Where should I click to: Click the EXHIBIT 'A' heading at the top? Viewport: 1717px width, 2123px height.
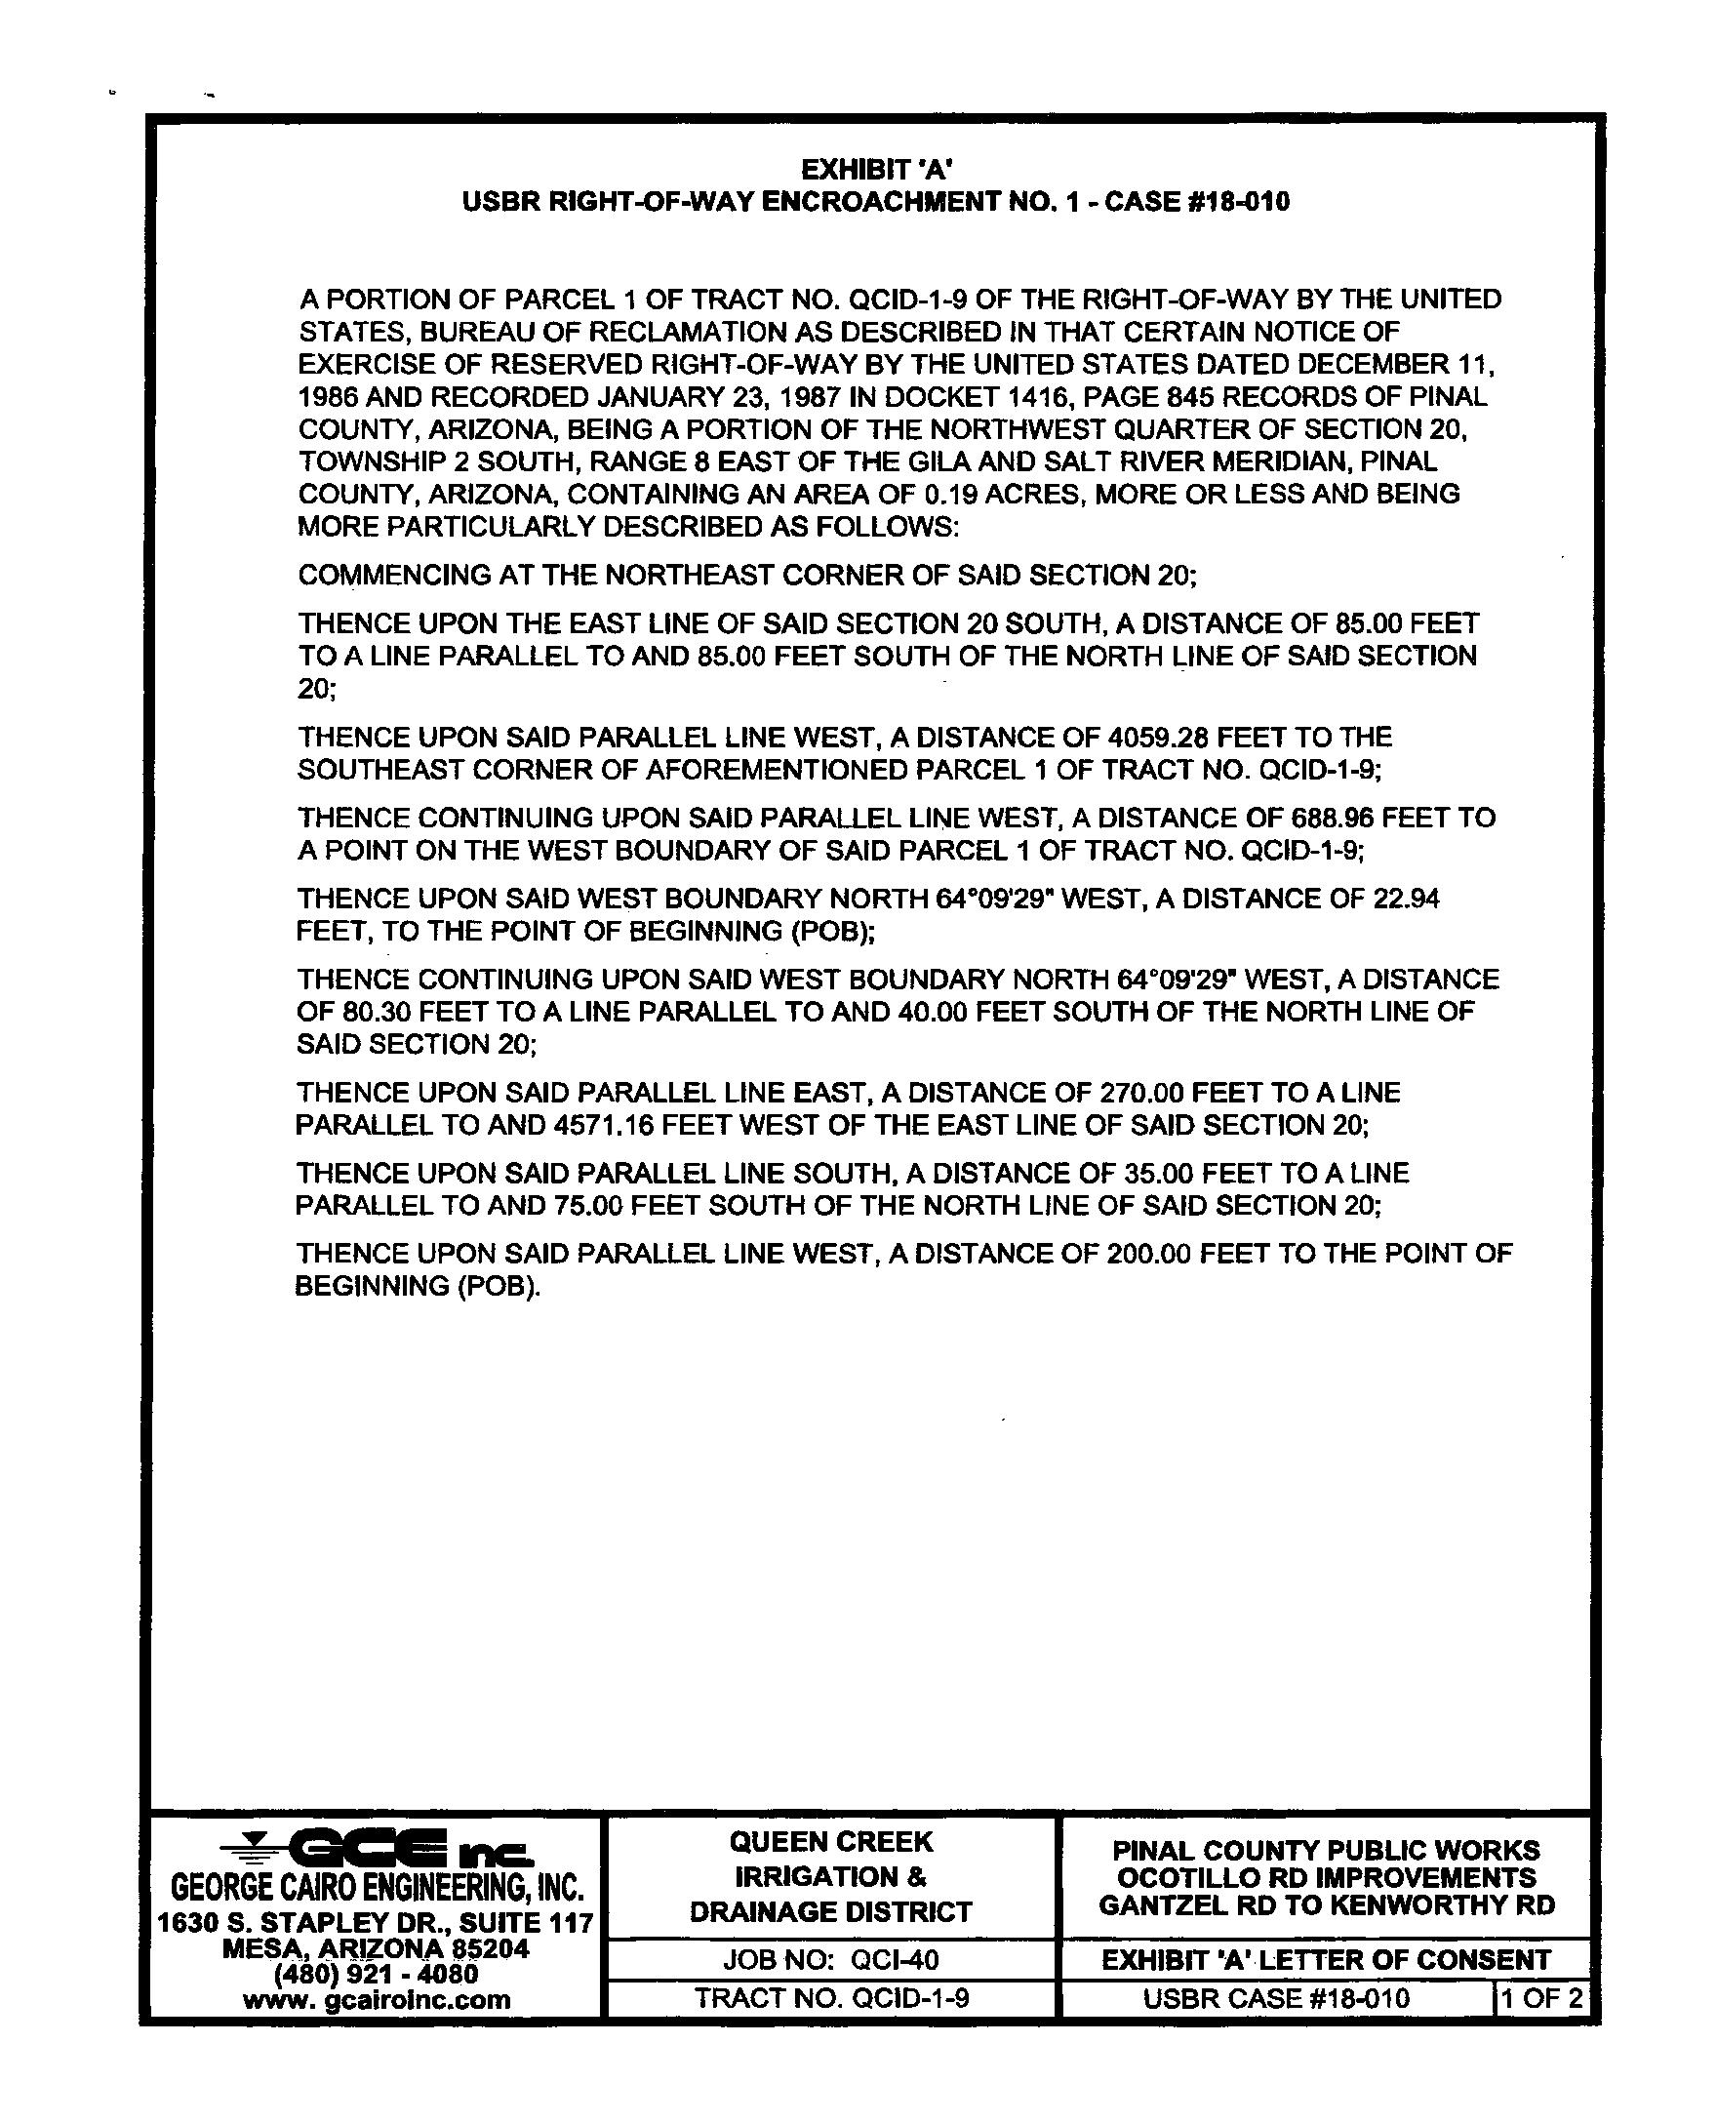pyautogui.click(x=875, y=169)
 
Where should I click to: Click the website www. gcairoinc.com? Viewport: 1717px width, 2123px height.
pyautogui.click(x=377, y=1999)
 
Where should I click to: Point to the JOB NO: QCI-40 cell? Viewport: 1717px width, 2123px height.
pyautogui.click(x=830, y=1959)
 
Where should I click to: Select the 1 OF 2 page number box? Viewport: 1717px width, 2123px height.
pyautogui.click(x=1543, y=1998)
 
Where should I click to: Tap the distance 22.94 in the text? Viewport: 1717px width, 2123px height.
pyautogui.click(x=1407, y=899)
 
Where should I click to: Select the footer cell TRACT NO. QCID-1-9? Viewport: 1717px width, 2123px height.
pyautogui.click(x=830, y=1998)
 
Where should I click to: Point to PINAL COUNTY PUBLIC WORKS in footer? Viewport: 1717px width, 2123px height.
pyautogui.click(x=1326, y=1850)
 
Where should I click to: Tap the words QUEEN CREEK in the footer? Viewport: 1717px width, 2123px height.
pyautogui.click(x=831, y=1842)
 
